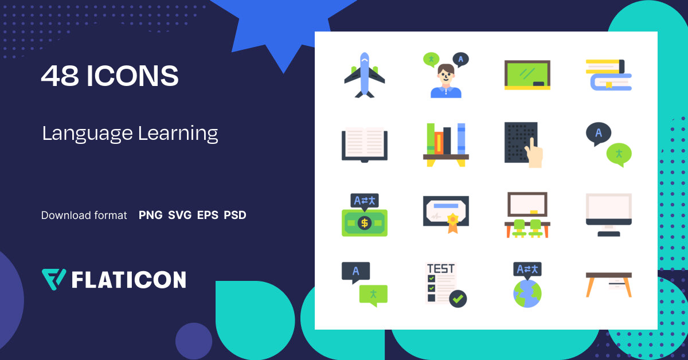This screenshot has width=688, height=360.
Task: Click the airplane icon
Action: (364, 75)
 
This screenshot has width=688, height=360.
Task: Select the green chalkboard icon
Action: (527, 75)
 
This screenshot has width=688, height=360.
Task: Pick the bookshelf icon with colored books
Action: (445, 145)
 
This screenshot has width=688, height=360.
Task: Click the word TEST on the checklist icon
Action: (441, 268)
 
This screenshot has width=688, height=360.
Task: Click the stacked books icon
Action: (608, 75)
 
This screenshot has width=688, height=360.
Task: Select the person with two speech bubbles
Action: (445, 76)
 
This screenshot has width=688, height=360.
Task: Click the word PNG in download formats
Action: (150, 216)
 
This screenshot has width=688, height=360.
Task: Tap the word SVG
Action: (180, 216)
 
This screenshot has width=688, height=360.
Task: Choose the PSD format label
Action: (235, 216)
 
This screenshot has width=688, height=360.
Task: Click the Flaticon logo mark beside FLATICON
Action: (54, 279)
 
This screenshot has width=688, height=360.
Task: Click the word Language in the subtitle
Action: (87, 134)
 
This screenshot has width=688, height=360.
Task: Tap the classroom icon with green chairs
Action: (527, 215)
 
